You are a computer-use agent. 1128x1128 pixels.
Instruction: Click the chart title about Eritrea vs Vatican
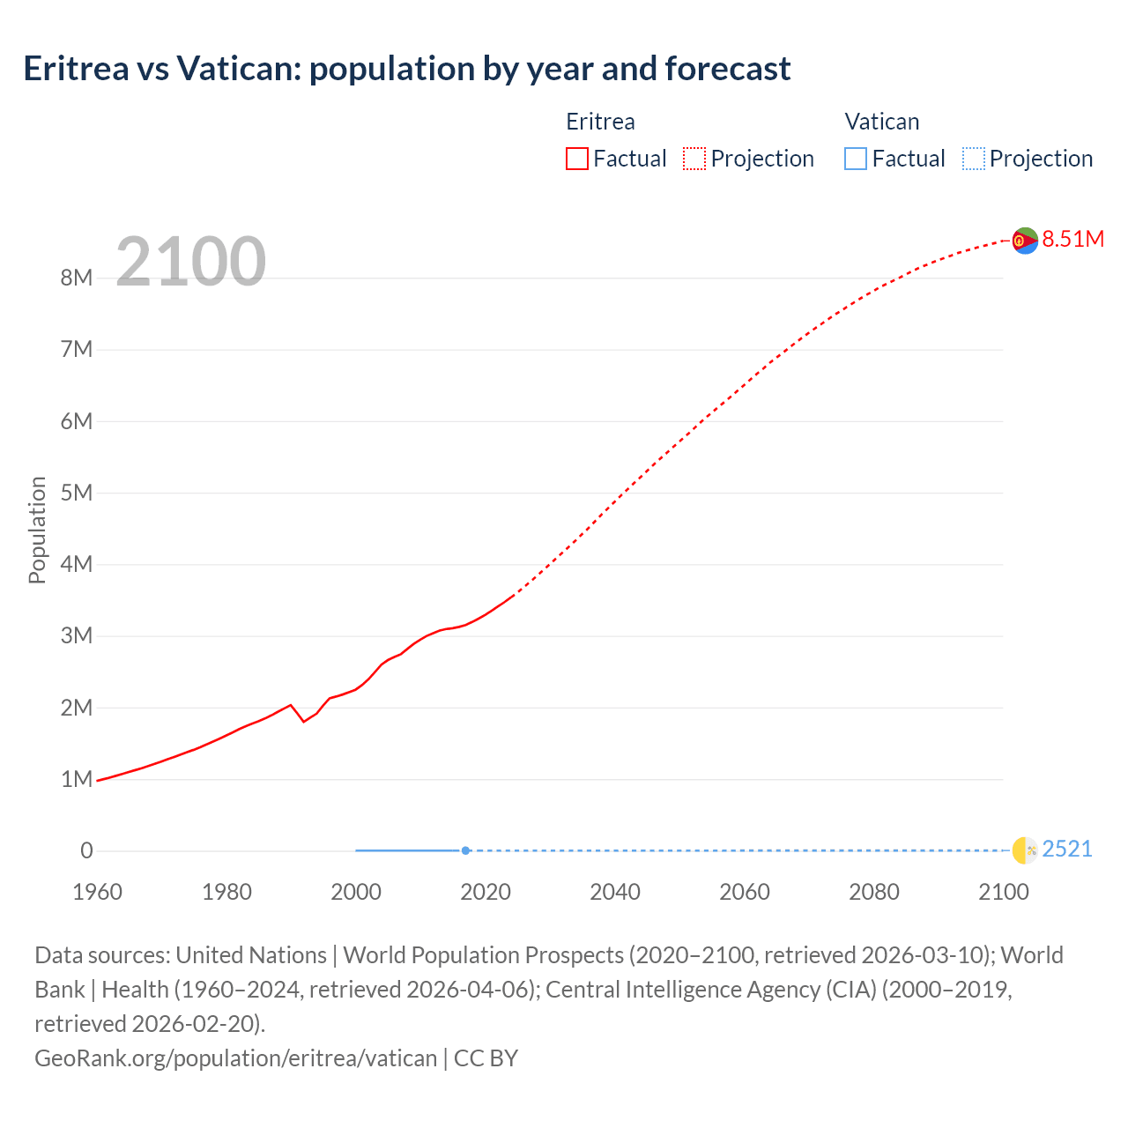[x=406, y=69]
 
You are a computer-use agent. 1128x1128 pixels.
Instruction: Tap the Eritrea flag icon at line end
[x=1024, y=240]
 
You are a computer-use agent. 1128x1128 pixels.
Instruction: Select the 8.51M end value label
[x=1072, y=239]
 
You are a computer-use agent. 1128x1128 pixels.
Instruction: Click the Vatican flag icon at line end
[x=1024, y=850]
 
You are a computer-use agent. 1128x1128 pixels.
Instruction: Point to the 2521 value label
[x=1066, y=850]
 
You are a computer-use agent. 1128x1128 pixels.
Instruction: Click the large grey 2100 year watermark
[x=190, y=261]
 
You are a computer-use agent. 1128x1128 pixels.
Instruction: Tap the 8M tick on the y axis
[x=77, y=278]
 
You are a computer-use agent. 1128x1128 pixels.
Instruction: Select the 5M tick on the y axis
[x=77, y=493]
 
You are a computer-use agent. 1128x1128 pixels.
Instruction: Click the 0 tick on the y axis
[x=86, y=851]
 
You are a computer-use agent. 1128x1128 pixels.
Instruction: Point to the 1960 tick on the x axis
[x=97, y=892]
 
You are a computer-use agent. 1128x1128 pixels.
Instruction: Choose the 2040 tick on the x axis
[x=615, y=892]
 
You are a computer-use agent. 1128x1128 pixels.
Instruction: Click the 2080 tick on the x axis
[x=874, y=892]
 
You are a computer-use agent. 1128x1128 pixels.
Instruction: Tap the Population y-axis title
[x=37, y=530]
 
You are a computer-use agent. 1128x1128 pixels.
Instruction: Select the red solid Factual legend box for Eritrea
[x=577, y=159]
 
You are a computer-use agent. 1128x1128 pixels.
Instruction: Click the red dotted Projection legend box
[x=694, y=159]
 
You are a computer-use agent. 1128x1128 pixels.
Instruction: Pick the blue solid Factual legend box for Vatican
[x=856, y=159]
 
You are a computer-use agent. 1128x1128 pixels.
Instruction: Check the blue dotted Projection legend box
[x=974, y=159]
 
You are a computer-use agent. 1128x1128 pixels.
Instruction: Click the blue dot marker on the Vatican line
[x=465, y=850]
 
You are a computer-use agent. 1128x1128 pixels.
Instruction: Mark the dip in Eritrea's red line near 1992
[x=304, y=722]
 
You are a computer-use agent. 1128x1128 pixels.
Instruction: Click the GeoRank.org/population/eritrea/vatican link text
[x=235, y=1057]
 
